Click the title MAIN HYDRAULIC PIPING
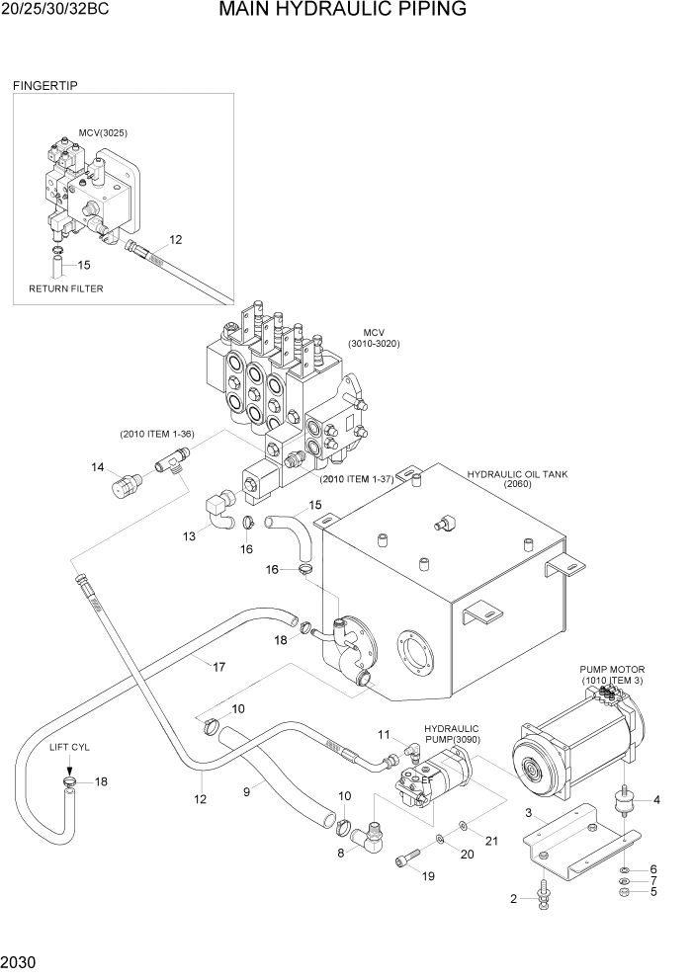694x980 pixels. pyautogui.click(x=343, y=11)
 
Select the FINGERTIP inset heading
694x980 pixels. pyautogui.click(x=44, y=86)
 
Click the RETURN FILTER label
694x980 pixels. pyautogui.click(x=65, y=288)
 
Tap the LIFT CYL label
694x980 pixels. pyautogui.click(x=69, y=748)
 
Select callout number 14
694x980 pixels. pyautogui.click(x=98, y=467)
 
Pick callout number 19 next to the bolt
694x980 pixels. pyautogui.click(x=428, y=875)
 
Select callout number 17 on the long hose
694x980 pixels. pyautogui.click(x=219, y=667)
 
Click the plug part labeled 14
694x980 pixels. pyautogui.click(x=129, y=484)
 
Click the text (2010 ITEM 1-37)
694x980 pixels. pyautogui.click(x=356, y=479)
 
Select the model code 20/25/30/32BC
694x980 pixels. pyautogui.click(x=55, y=11)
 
